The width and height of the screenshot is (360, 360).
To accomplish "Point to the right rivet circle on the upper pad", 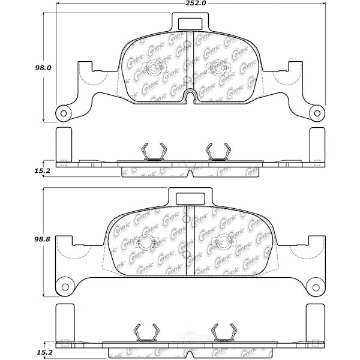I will click(214, 67).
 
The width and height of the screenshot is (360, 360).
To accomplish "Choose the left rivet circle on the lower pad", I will click(145, 243).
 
